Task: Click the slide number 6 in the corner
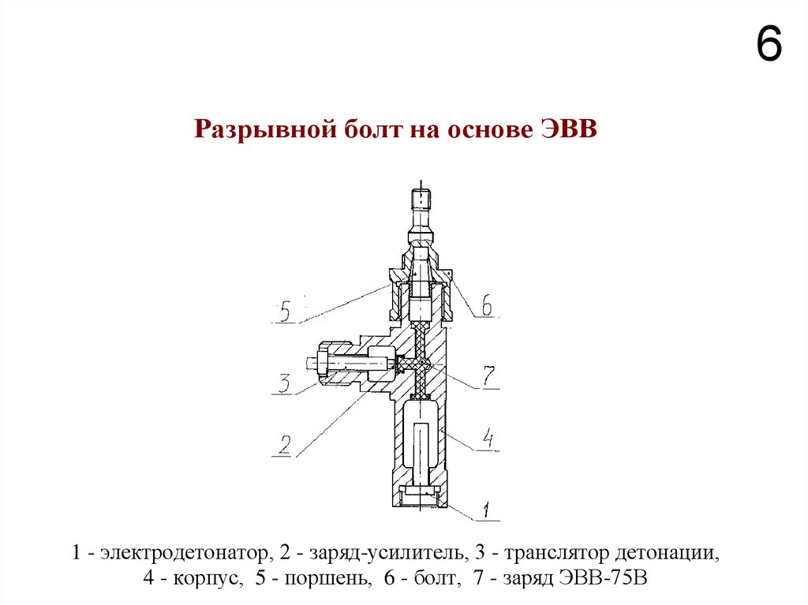pos(769,45)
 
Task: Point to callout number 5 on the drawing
pos(285,312)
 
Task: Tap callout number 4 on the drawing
pos(489,439)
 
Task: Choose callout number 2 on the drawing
pos(283,446)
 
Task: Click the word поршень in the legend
pos(330,578)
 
